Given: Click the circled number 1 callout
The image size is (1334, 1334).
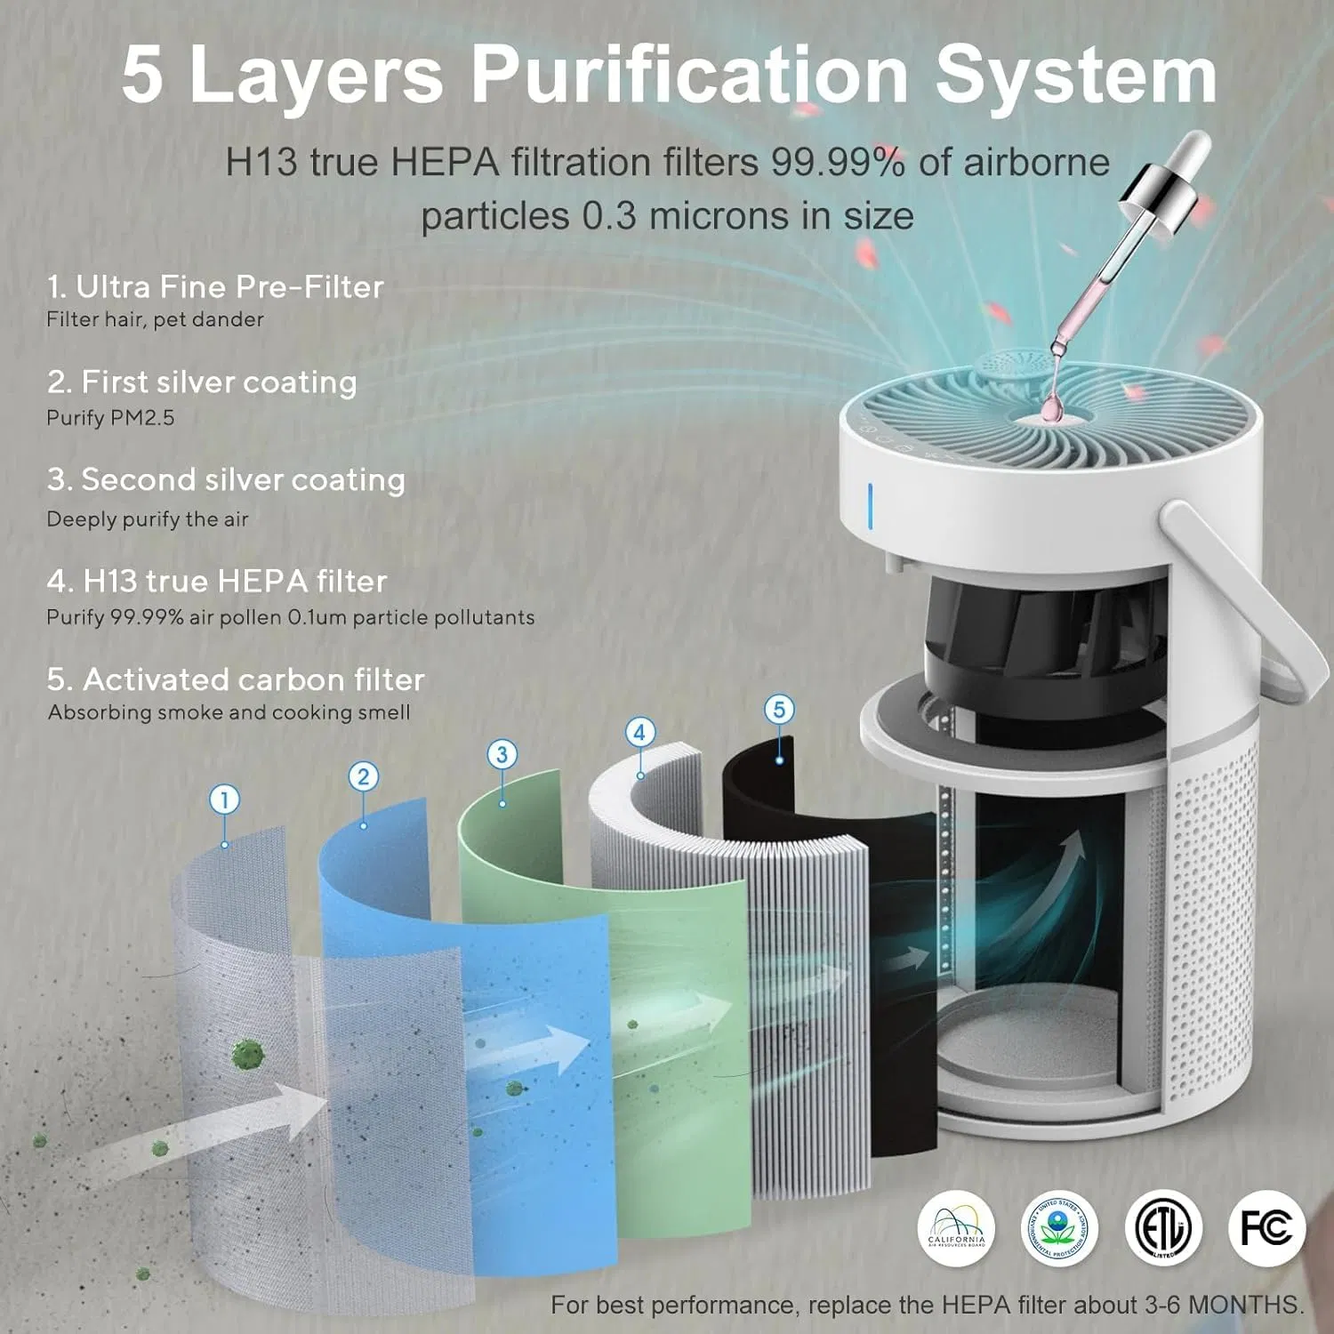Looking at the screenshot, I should tap(225, 800).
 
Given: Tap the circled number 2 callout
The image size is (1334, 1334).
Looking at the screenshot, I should tap(363, 776).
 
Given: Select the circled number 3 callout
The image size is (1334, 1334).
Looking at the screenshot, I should tap(502, 754).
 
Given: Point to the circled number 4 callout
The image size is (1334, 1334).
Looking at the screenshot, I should tap(639, 733).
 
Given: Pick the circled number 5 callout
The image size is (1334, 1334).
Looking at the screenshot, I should tap(779, 709).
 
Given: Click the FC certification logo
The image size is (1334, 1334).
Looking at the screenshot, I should tap(1266, 1229).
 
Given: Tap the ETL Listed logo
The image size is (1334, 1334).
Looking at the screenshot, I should tap(1163, 1229).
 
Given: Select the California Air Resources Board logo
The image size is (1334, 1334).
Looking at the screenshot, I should tap(956, 1229).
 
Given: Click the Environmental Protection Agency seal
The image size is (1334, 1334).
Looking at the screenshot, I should tap(1059, 1229).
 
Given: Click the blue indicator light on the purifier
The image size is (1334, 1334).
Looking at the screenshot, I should tap(870, 504).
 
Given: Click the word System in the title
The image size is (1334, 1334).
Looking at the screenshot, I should tap(1076, 75).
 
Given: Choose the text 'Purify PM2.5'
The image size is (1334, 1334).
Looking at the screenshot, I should tap(110, 418).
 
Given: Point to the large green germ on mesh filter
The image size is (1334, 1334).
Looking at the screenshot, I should tap(248, 1055).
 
